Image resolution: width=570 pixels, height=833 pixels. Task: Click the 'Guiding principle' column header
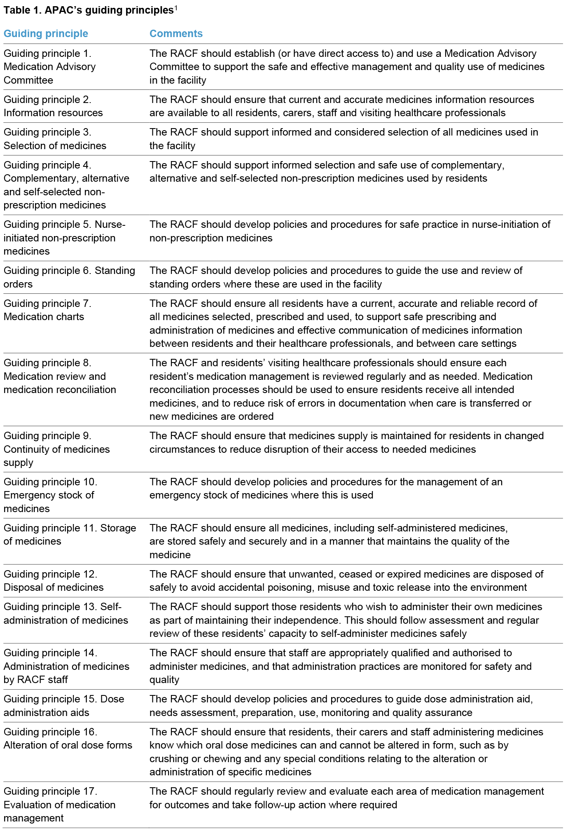46,34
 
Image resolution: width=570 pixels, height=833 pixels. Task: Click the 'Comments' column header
176,34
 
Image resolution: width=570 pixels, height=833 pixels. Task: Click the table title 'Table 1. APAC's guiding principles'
88,10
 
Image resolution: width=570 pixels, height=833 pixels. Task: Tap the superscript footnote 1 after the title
176,7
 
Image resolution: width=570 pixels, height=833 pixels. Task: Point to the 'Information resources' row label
53,113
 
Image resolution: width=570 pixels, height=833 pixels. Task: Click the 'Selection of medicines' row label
55,146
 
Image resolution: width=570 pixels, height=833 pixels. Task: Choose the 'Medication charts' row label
44,317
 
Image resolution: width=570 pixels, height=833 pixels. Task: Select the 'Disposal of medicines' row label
54,587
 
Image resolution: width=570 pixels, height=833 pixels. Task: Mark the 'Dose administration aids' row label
64,706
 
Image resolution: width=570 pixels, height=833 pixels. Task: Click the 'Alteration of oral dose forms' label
68,745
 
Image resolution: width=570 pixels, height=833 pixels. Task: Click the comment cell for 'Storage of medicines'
329,541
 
